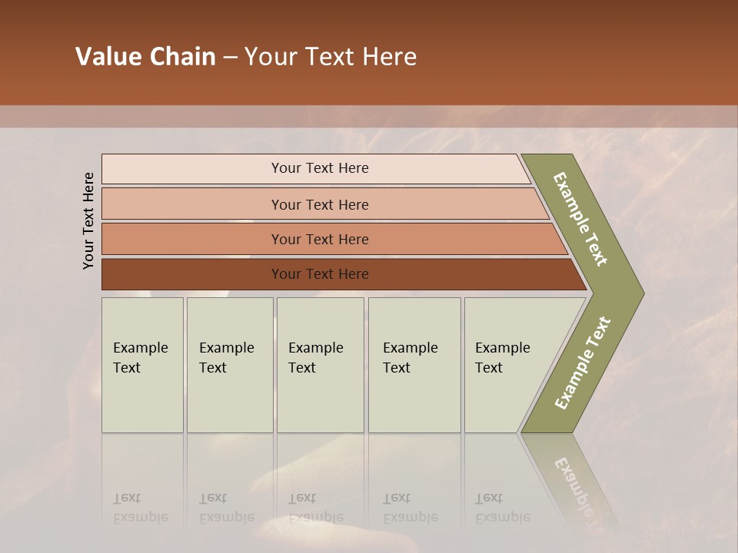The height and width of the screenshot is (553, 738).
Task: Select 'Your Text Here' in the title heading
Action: coord(331,57)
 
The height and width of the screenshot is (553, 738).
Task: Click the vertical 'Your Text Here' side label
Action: coord(88,220)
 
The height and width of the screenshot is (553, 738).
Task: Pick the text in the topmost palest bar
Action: coord(320,168)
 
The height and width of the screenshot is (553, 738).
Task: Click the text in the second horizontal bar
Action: coord(320,204)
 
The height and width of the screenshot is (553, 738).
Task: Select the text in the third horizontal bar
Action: coord(320,239)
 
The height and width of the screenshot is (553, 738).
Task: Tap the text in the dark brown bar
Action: coord(320,273)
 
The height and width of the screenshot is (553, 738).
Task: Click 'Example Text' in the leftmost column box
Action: coord(140,357)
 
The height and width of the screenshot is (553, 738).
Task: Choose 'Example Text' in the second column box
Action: coord(226,357)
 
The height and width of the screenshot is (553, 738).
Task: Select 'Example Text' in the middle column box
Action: coord(315,357)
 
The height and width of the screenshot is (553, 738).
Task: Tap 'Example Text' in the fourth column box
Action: coord(410,357)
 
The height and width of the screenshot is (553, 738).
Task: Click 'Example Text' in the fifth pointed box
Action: coord(502,357)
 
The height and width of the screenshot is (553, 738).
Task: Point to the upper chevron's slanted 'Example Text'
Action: coord(580,219)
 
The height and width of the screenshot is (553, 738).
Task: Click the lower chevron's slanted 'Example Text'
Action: coord(582,363)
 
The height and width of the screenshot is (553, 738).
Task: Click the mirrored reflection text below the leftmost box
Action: coord(140,508)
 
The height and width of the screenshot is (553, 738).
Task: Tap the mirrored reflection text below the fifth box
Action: coord(502,508)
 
